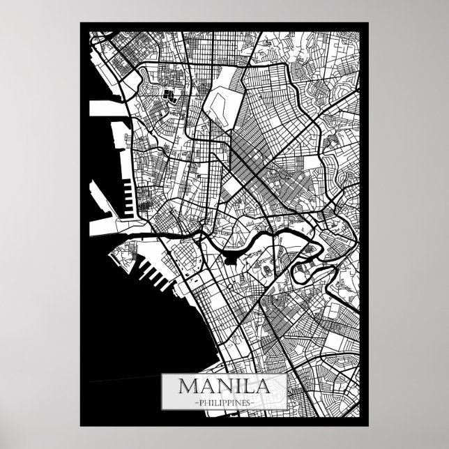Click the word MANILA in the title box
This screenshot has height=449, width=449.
click(x=224, y=386)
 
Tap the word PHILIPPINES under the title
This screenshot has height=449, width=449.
click(x=224, y=402)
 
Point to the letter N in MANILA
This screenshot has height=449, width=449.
click(x=220, y=386)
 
